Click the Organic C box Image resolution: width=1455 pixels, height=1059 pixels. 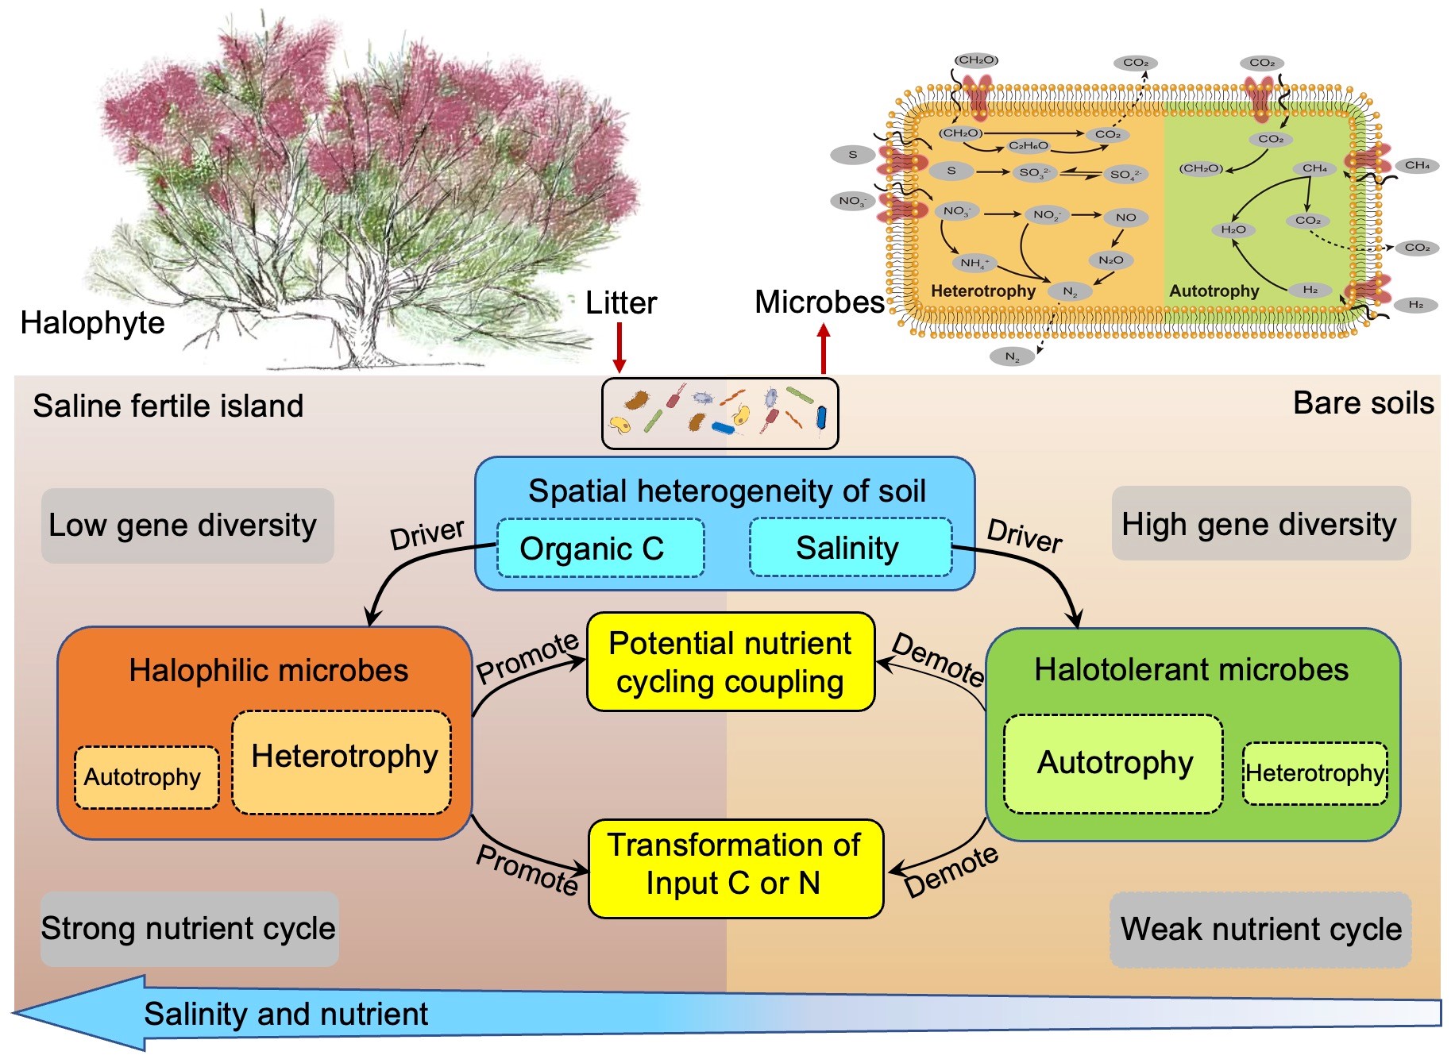(600, 548)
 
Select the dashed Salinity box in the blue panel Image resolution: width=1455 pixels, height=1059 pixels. (851, 547)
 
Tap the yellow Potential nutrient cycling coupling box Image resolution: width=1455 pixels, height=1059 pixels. (731, 662)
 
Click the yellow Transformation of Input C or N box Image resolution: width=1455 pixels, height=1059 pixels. (735, 868)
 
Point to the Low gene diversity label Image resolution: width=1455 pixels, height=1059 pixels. (187, 526)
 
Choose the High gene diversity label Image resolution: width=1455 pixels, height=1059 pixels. (1261, 524)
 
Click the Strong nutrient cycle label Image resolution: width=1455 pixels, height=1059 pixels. (189, 929)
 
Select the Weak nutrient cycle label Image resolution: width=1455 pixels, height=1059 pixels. (1260, 930)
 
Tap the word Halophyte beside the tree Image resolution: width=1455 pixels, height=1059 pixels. (92, 323)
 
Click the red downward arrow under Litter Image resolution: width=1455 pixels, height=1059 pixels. (619, 348)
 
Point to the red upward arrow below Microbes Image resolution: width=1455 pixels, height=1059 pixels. (824, 349)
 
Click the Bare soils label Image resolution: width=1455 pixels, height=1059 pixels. (1364, 403)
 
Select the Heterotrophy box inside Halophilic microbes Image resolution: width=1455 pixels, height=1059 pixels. (342, 762)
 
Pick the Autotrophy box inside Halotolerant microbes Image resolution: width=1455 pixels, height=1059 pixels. (1113, 764)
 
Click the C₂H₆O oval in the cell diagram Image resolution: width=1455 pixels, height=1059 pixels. (1029, 146)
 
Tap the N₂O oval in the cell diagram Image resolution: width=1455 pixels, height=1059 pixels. (1110, 260)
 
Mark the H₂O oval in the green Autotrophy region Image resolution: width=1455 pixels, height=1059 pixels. (1233, 229)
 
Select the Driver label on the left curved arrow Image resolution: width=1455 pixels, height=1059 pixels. (426, 534)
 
